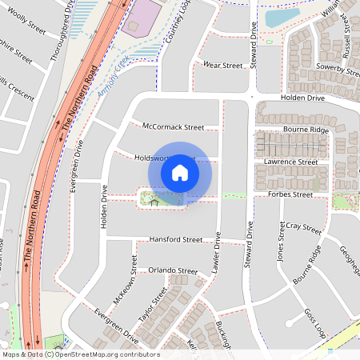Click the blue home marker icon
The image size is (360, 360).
point(180,172)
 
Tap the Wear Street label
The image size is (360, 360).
point(222,65)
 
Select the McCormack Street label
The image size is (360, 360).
point(174,126)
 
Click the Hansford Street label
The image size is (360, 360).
point(176,239)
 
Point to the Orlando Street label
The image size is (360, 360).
point(172,270)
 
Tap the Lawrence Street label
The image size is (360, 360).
point(291,162)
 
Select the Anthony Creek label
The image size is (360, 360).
point(113,82)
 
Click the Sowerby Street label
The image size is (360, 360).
point(337,70)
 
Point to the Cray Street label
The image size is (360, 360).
point(303,228)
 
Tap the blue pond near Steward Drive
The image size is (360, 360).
point(281,17)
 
